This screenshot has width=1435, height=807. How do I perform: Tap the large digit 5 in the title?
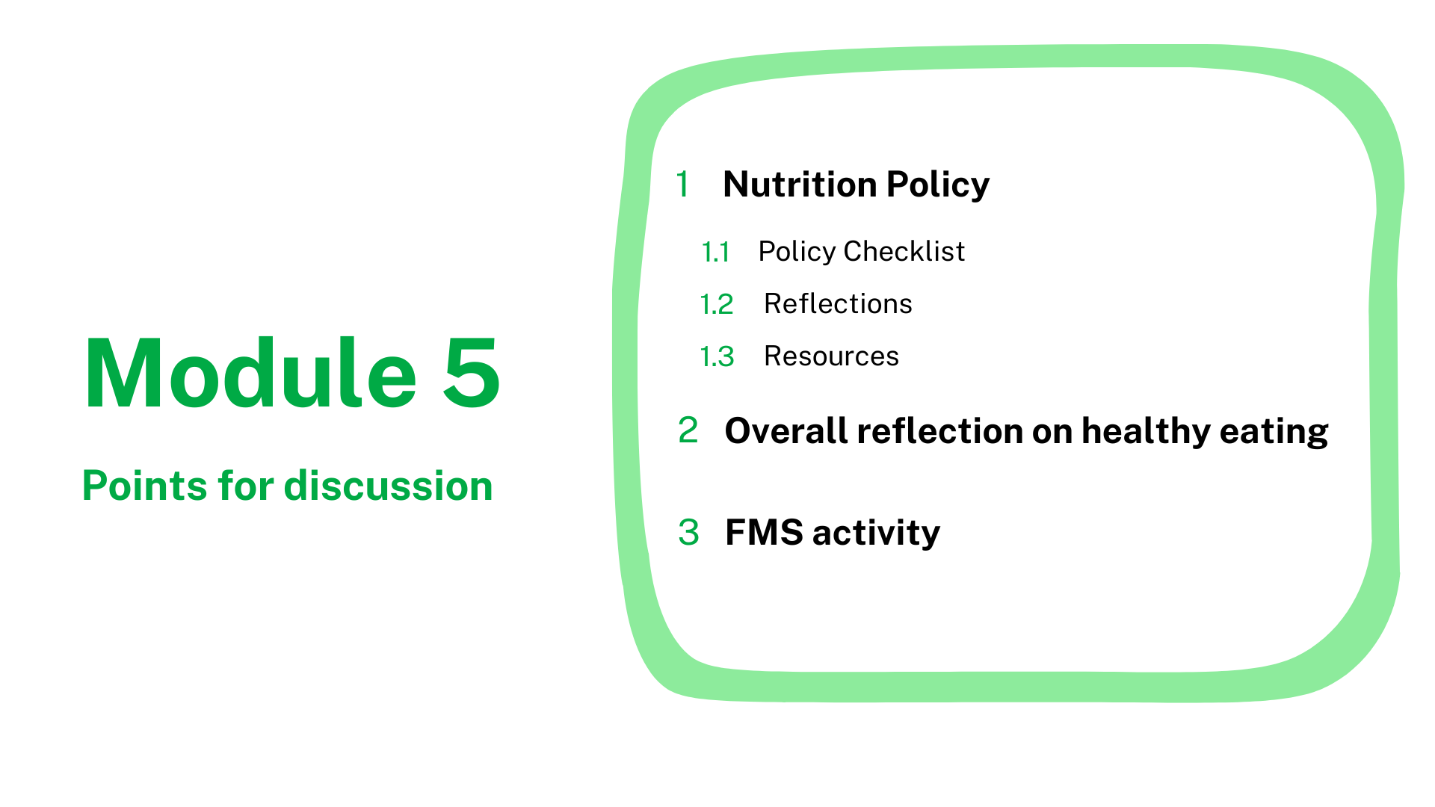472,374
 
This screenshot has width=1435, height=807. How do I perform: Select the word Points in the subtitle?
143,486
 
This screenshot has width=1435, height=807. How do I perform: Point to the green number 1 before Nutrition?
682,184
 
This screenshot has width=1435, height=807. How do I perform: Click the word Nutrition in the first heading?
800,184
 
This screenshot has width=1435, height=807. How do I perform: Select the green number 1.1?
715,252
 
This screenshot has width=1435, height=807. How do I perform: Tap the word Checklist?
904,251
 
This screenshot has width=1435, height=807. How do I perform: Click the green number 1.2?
717,304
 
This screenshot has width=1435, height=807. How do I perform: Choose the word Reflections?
838,303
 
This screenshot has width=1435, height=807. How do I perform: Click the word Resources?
831,356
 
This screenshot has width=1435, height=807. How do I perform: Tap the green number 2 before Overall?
688,430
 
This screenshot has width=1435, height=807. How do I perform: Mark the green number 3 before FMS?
688,533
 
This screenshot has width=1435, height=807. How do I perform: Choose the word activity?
876,534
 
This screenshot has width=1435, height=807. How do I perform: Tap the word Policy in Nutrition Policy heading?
938,185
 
